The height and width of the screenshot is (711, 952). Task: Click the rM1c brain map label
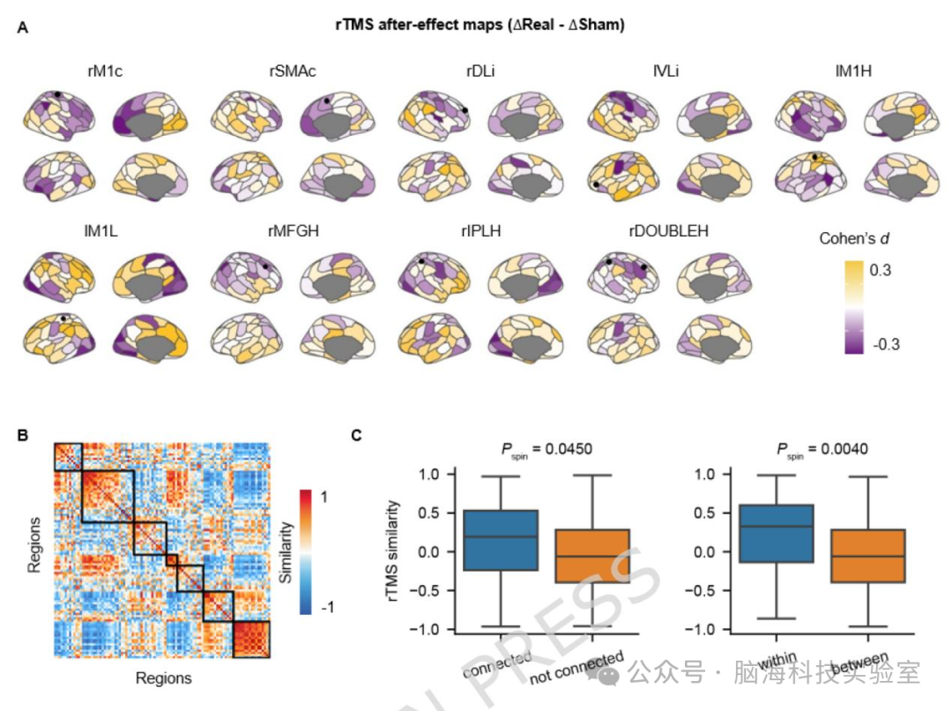[105, 71]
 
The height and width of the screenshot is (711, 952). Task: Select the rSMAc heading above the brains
[292, 71]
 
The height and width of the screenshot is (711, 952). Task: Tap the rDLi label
[480, 71]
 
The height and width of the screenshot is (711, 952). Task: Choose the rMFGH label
[294, 231]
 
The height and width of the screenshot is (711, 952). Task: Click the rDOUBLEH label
[668, 231]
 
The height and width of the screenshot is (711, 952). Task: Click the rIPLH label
[481, 231]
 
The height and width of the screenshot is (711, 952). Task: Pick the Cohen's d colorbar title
[854, 238]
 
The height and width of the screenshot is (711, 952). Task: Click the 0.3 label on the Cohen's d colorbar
[881, 270]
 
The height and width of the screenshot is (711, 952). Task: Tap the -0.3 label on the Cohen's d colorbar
[886, 344]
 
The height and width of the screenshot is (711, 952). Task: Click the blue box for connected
[501, 540]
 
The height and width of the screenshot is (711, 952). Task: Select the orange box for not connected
[592, 556]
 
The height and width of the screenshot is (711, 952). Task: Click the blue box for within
[776, 533]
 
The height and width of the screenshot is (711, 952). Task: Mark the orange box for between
[867, 556]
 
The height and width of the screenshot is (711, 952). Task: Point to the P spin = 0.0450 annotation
[547, 450]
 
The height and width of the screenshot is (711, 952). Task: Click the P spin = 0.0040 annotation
[822, 450]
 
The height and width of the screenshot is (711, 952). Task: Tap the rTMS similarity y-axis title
[393, 551]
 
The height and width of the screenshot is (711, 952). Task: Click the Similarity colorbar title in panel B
[286, 552]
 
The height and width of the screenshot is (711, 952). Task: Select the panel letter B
[22, 435]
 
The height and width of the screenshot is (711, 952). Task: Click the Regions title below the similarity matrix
[163, 677]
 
